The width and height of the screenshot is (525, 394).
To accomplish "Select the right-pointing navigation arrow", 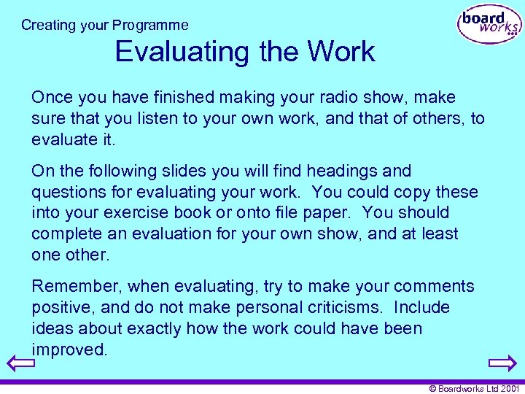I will pos(503,363).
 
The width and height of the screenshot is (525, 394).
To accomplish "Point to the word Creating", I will pos(49,25).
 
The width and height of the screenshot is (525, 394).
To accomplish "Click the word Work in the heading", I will pos(341,52).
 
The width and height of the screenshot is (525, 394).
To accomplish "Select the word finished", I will pos(173,98).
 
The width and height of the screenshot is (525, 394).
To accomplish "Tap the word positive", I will pos(60,308).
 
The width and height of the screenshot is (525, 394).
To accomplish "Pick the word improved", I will pos(69,350).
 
